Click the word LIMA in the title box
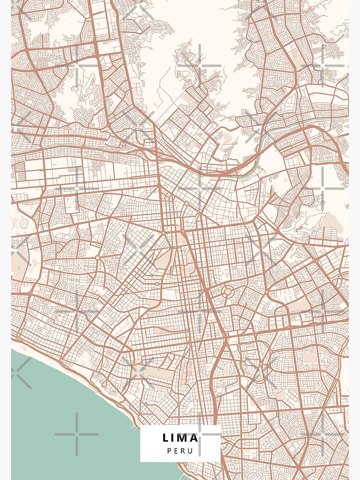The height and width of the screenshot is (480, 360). (180, 438)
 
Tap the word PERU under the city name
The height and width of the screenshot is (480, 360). (180, 451)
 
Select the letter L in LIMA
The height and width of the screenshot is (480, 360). (166, 438)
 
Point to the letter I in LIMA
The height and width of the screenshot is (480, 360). (173, 438)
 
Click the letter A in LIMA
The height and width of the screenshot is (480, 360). (193, 438)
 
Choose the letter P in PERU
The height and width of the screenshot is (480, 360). (169, 451)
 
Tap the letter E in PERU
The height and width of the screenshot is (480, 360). (176, 451)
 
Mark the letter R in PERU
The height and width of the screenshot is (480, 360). (183, 451)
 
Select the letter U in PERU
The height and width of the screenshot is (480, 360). (191, 451)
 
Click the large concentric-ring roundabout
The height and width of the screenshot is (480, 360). (228, 291)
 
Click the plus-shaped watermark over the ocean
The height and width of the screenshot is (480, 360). (77, 434)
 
